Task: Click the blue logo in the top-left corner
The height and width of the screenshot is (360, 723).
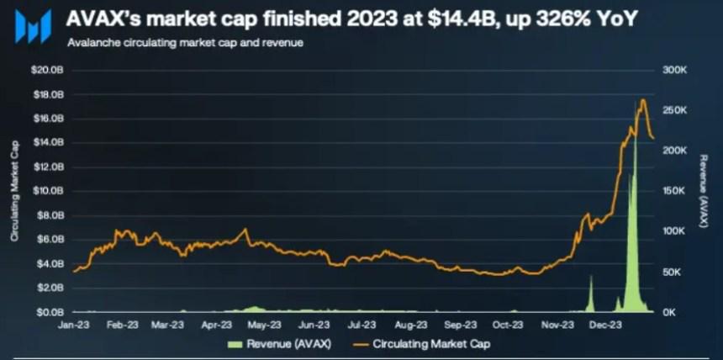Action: (33, 26)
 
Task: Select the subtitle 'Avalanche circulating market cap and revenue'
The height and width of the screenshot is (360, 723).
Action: (184, 41)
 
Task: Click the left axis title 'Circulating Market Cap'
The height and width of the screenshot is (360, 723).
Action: (14, 191)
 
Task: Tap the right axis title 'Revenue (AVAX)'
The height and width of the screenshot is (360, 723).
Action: (705, 191)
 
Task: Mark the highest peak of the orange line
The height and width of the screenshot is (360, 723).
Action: (643, 100)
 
